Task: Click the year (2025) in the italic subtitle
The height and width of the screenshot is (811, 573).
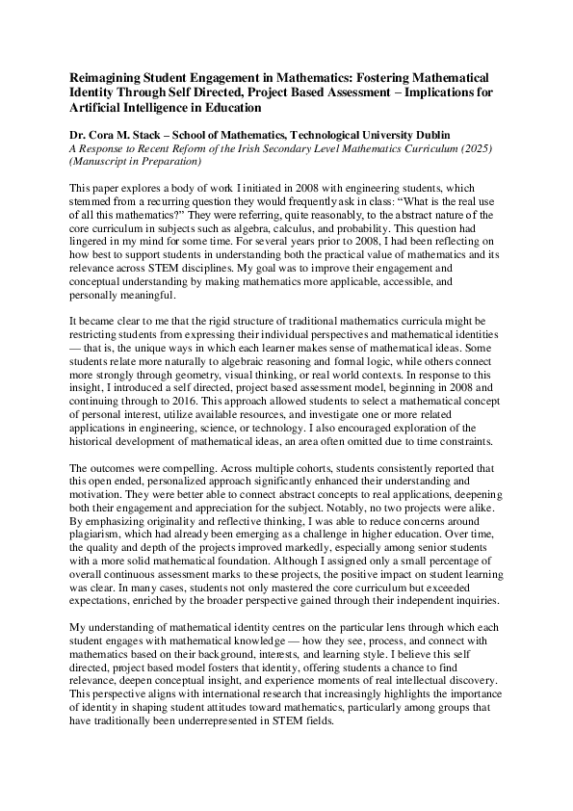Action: (472, 151)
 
